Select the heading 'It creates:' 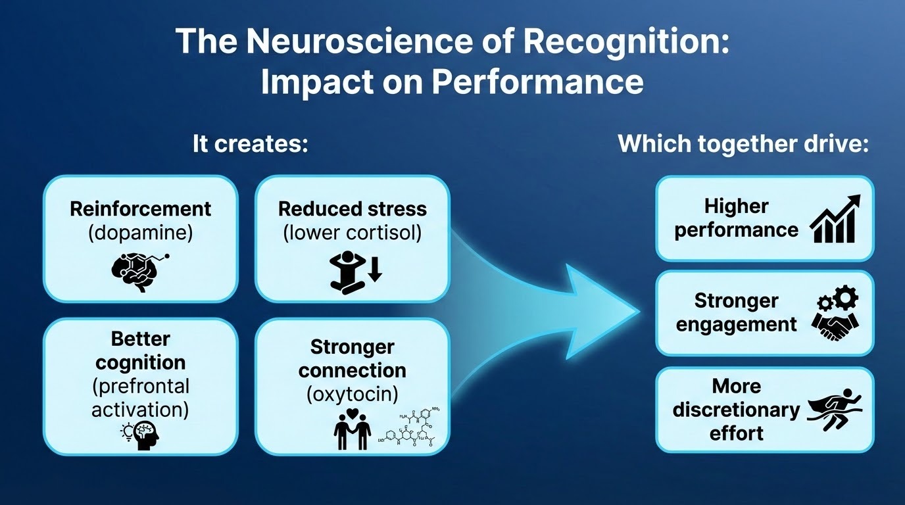250,144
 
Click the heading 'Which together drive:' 743,144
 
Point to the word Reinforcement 140,209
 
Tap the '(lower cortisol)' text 352,233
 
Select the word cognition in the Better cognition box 140,362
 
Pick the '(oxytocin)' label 352,395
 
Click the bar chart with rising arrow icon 835,219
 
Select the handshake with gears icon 837,316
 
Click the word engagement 736,324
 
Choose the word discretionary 736,410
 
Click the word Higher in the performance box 736,206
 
